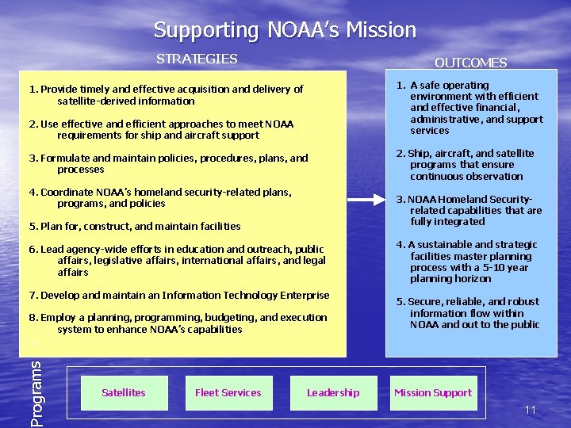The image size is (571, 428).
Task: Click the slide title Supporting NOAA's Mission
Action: point(285,31)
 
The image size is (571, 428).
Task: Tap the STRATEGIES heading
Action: point(197,59)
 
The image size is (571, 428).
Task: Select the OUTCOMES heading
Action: point(470,63)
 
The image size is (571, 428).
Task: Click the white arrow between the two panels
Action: point(366,201)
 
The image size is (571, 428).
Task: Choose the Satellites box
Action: point(124,392)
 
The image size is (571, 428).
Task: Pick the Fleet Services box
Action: point(228,392)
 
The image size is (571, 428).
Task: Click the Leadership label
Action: point(333,392)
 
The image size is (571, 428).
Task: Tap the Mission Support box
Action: point(433,392)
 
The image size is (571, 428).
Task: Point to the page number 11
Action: point(531,410)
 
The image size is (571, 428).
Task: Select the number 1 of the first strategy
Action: point(33,90)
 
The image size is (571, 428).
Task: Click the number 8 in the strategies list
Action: point(33,318)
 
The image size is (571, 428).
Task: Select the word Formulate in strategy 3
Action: point(65,159)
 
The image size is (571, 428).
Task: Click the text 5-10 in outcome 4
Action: point(479,268)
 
